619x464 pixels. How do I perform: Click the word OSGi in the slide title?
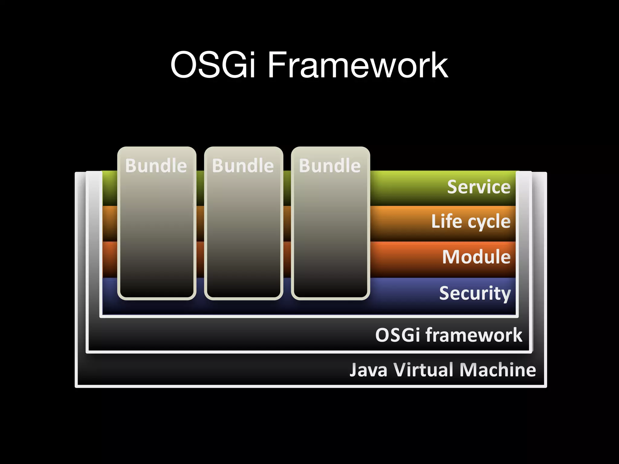(x=213, y=65)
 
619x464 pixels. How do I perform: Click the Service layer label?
(x=479, y=187)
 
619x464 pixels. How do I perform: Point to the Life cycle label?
(x=471, y=221)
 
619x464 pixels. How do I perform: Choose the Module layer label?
(x=476, y=257)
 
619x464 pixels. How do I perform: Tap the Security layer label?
(x=475, y=293)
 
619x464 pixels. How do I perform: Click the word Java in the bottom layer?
(x=368, y=370)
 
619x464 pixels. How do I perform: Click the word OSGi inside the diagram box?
(x=397, y=335)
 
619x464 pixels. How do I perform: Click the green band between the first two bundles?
(x=200, y=187)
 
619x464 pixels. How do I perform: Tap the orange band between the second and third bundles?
(x=287, y=224)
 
